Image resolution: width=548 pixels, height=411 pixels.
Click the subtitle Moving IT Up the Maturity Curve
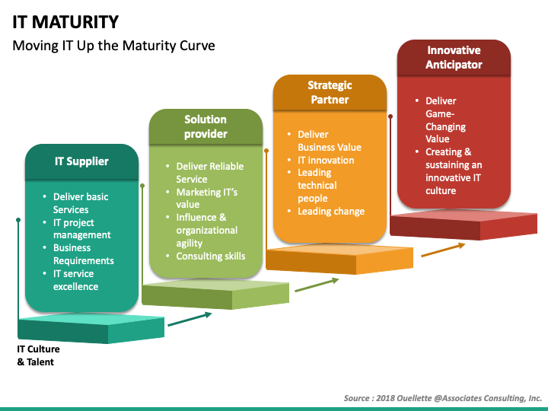coord(114,46)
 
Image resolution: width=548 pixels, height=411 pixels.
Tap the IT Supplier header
coord(81,161)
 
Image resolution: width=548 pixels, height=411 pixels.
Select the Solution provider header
coord(205,127)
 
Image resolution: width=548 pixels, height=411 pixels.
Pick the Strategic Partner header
coord(329,93)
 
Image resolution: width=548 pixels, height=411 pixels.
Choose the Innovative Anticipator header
coord(454,58)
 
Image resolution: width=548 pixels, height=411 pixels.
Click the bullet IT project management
coord(81,228)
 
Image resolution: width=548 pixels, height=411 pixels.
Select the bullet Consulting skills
coord(210,256)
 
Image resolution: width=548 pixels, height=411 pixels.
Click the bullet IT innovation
coord(325,160)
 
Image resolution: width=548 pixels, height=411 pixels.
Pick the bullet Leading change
coord(330,211)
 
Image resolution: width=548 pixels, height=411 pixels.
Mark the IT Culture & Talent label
coord(38,355)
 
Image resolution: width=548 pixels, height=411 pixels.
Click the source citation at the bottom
coord(442,397)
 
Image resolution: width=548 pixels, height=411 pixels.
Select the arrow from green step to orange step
coord(316,285)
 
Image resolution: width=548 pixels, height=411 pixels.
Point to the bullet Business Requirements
coord(83,254)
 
